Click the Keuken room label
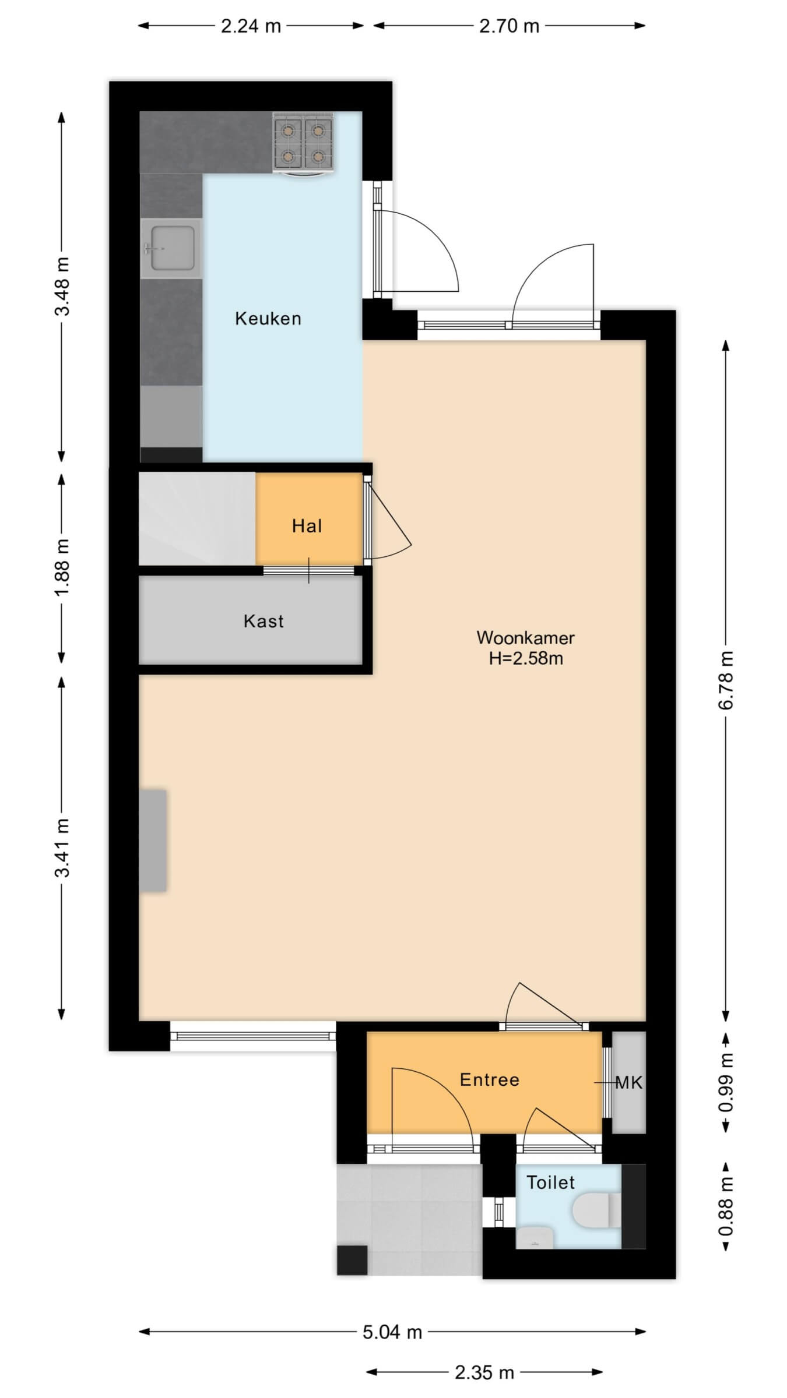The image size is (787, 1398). tap(268, 319)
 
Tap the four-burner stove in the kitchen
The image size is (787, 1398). tap(303, 143)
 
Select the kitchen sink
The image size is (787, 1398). tap(171, 249)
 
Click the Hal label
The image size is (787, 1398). tap(307, 527)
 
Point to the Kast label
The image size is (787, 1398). tap(263, 622)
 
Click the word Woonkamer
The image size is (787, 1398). tap(525, 638)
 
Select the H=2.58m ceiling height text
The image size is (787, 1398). tap(526, 659)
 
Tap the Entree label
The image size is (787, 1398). tap(489, 1080)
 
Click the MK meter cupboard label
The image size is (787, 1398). tap(629, 1083)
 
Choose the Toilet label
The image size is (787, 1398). tap(550, 1182)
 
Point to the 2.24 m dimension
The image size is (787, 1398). tap(251, 26)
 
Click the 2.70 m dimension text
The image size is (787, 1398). tap(509, 26)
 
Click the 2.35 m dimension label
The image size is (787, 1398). tap(484, 1373)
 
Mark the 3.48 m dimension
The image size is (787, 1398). tap(62, 286)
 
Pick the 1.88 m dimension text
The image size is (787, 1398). tap(62, 567)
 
